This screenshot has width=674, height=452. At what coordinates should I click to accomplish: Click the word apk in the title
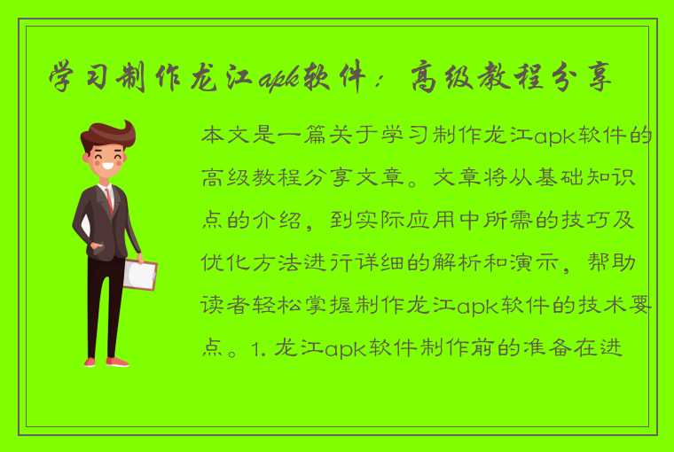point(278,79)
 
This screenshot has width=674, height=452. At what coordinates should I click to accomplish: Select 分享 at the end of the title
point(582,79)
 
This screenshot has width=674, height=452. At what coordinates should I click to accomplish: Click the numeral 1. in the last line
point(255,346)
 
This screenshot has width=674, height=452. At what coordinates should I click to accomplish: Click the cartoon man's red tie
point(109,199)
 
